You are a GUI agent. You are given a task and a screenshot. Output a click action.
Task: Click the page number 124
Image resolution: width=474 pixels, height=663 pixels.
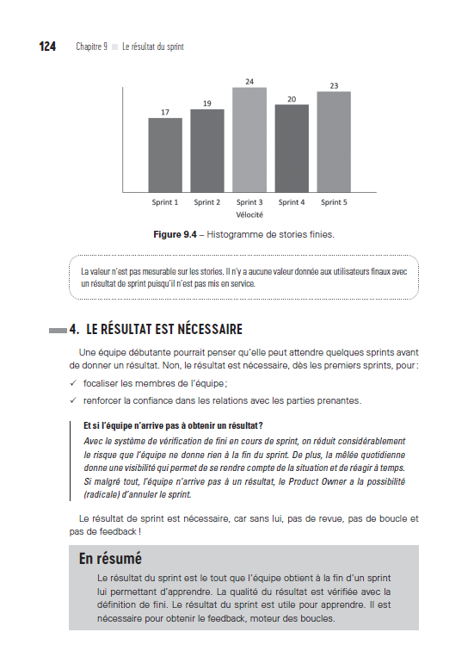click(47, 46)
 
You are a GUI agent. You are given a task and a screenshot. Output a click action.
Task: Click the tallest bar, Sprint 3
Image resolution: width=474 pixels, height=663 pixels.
click(249, 139)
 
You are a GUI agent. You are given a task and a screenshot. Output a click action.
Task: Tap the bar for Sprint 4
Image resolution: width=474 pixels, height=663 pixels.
click(292, 148)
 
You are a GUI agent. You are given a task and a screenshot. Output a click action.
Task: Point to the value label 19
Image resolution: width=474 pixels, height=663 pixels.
click(206, 103)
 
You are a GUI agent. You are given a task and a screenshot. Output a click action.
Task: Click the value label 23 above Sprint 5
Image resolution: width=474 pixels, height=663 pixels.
click(334, 85)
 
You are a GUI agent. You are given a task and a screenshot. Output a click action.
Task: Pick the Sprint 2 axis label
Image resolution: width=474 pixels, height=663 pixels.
click(206, 202)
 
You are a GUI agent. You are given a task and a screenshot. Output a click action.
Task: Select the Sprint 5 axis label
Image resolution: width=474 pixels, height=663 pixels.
click(334, 202)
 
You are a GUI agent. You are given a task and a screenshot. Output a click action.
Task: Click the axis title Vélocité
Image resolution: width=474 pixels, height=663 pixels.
click(249, 214)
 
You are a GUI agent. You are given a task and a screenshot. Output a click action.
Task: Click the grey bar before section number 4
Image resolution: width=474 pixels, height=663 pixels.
click(58, 330)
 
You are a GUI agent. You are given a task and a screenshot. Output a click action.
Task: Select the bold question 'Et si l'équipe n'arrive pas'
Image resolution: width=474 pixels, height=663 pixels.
click(172, 425)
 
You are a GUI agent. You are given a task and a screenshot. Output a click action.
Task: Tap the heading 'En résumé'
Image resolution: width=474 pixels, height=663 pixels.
click(110, 558)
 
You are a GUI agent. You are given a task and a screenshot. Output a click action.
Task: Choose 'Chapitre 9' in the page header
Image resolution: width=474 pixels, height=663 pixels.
click(91, 46)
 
